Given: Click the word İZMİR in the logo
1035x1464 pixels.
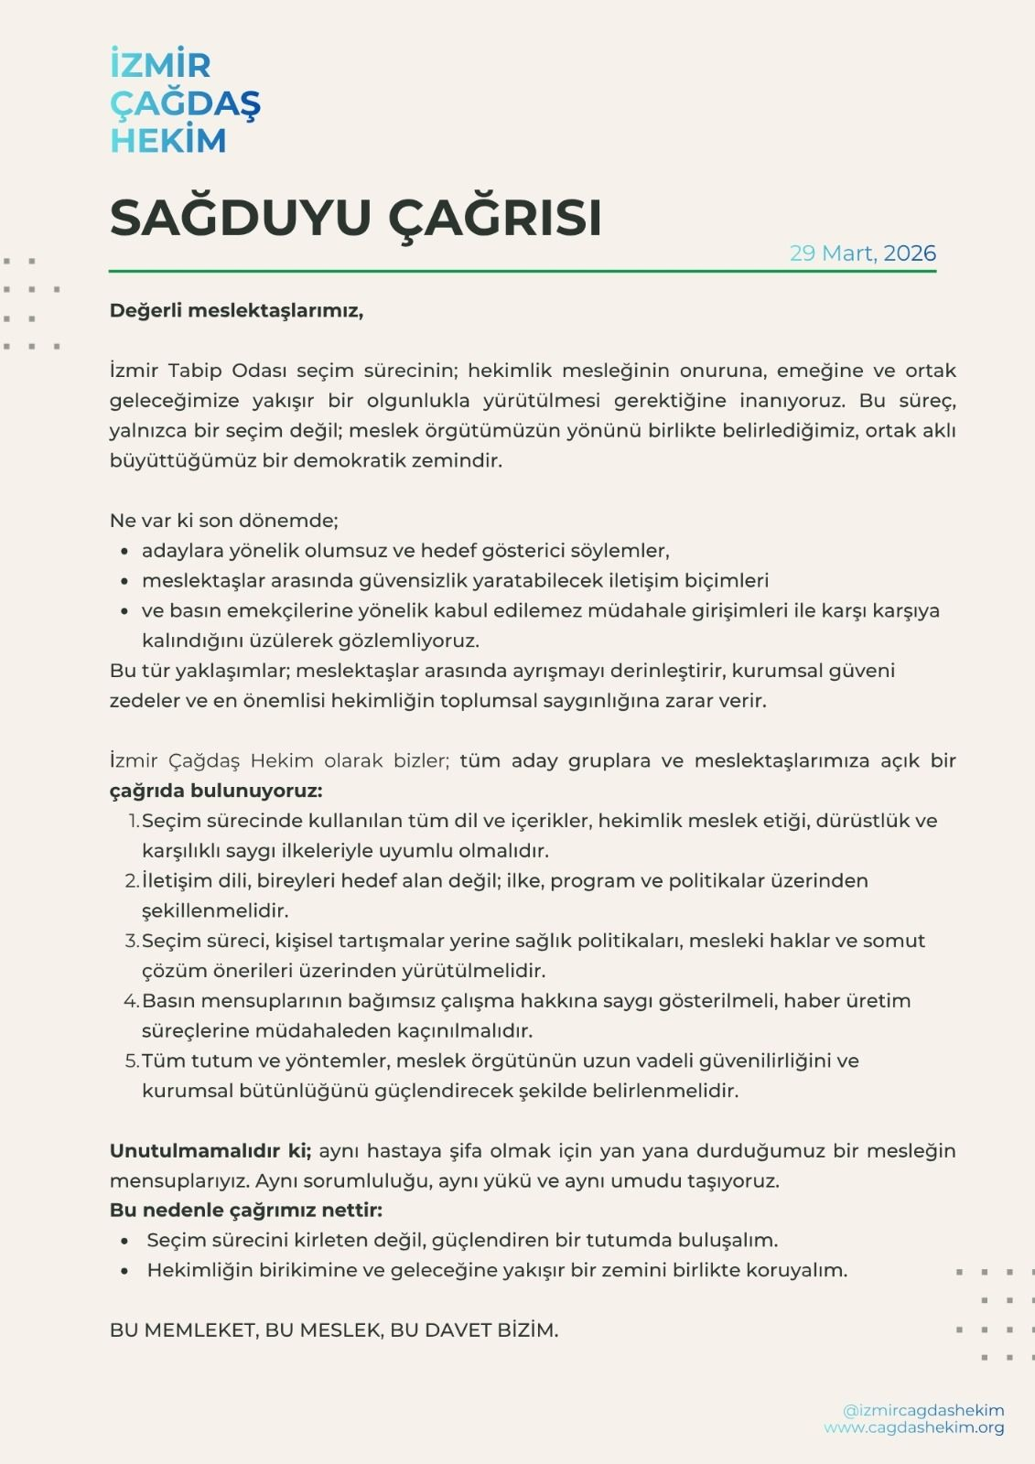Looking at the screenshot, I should pos(160,66).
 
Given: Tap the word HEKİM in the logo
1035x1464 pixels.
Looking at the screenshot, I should pos(167,141).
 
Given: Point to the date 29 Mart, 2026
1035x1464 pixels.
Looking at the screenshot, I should pos(862,253).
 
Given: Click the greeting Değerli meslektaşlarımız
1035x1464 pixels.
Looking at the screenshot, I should pos(236,310).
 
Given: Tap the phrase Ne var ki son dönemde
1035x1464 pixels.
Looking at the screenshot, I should pos(223,521).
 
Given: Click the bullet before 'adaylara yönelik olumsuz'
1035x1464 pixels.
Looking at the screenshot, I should pos(124,552).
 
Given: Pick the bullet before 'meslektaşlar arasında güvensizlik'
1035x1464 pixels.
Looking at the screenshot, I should pos(124,582).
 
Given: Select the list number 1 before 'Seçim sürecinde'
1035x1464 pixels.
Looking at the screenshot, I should pos(134,821).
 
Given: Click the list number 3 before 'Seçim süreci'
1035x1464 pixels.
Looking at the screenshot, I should pos(132,941).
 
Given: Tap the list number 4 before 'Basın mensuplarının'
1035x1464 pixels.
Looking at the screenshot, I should pos(131,1001).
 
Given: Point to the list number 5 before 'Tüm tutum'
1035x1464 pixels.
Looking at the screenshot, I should pos(132,1061).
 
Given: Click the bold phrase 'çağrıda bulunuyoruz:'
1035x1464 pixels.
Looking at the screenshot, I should pos(216,791).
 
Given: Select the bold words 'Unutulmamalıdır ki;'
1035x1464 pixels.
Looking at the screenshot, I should pos(210,1150).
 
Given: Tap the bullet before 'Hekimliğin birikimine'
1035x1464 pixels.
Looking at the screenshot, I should pos(124,1272).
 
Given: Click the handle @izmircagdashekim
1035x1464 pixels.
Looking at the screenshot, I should pos(923,1410).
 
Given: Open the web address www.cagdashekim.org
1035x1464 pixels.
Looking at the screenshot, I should pos(913,1427).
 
